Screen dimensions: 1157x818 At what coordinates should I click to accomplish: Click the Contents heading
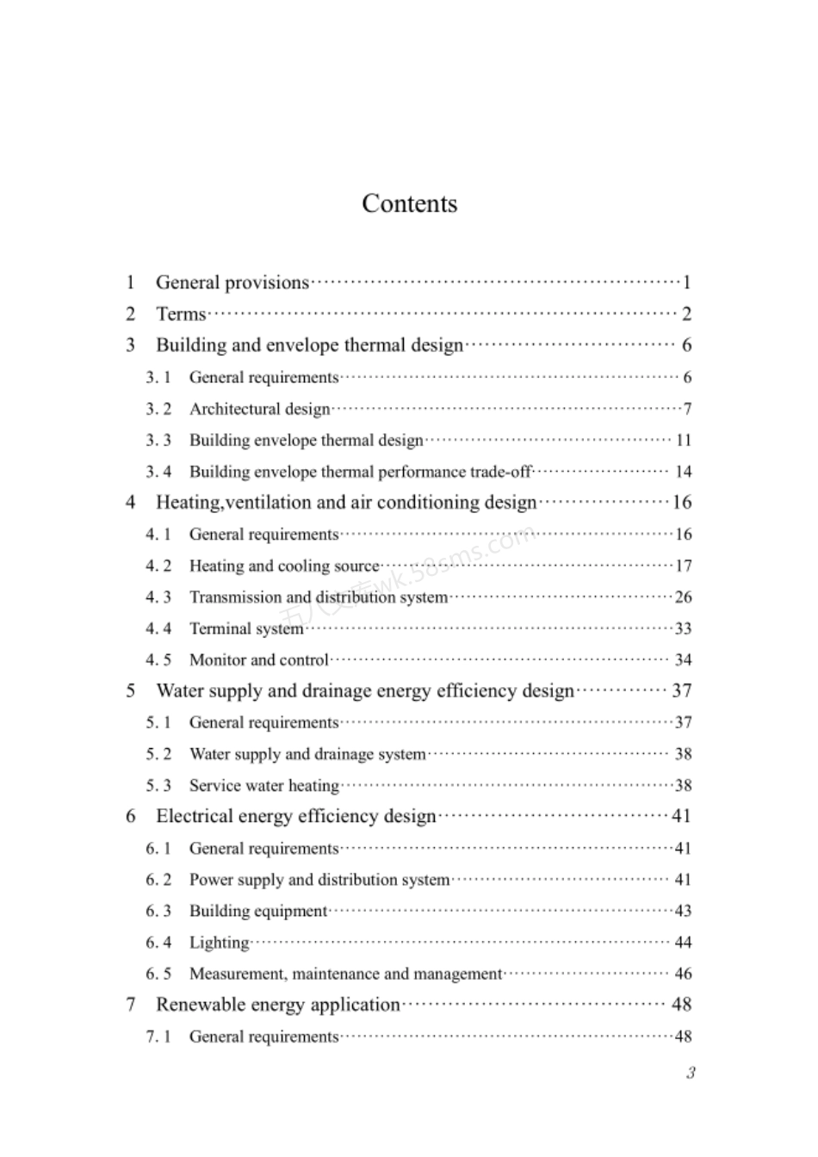[409, 204]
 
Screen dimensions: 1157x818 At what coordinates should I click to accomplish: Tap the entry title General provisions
[232, 282]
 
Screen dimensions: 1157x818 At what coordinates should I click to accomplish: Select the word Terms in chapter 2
[181, 314]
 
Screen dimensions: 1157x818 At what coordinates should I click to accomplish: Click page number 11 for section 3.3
[683, 440]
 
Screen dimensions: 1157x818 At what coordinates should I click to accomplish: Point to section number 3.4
[158, 472]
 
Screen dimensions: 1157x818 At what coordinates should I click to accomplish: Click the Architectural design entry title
[259, 409]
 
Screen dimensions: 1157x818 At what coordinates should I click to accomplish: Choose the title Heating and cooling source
[284, 566]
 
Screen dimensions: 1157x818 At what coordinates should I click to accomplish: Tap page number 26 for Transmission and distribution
[683, 597]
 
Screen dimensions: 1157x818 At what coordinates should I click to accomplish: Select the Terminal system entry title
[246, 628]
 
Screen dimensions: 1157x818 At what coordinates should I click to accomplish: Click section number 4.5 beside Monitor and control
[158, 660]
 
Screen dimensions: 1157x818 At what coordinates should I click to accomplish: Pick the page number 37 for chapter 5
[682, 690]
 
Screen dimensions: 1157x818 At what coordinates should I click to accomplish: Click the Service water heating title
[264, 785]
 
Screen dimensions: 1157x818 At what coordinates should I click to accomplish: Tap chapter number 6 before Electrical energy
[131, 816]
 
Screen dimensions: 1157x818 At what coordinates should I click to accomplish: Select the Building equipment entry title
[258, 911]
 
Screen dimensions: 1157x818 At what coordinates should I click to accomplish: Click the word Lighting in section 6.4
[220, 943]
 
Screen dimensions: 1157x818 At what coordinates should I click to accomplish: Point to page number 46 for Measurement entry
[683, 974]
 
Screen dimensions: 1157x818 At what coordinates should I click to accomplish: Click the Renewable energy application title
[278, 1005]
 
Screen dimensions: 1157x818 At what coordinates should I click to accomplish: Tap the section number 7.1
[158, 1036]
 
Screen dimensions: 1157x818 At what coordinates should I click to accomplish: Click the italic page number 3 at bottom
[691, 1073]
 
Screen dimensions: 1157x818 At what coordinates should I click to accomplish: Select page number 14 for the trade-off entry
[683, 472]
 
